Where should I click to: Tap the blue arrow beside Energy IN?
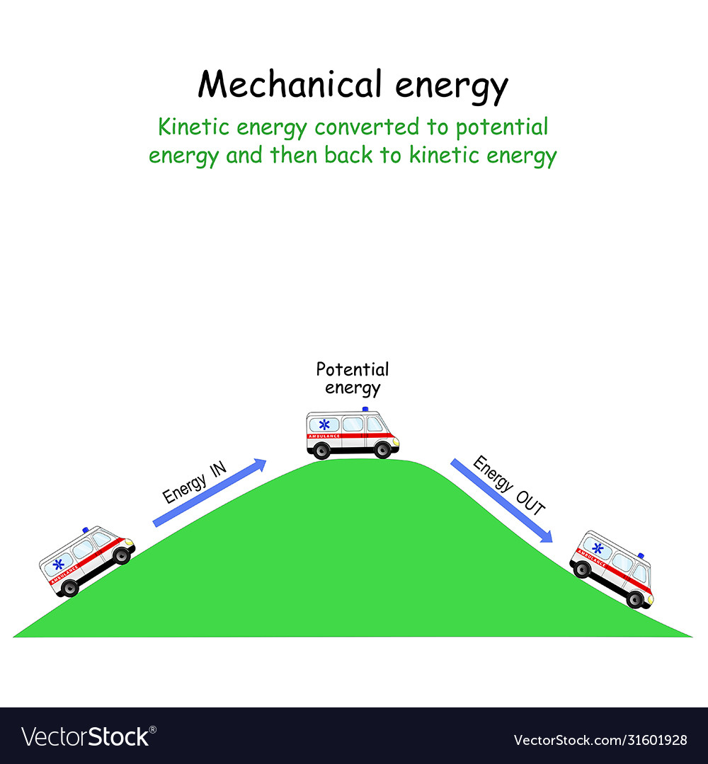[210, 492]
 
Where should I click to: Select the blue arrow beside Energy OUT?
[501, 500]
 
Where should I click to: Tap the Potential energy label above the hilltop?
[353, 378]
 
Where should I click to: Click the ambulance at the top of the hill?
[352, 433]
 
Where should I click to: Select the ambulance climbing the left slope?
[86, 560]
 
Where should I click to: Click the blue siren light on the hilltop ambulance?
[365, 409]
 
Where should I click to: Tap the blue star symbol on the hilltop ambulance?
[324, 424]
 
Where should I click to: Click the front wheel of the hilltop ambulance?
[383, 449]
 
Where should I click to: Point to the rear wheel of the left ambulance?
[69, 587]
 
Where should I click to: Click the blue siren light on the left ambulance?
[86, 529]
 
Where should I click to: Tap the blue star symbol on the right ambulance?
[598, 548]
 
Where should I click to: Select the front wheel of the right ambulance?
[635, 599]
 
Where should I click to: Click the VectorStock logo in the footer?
[85, 737]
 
